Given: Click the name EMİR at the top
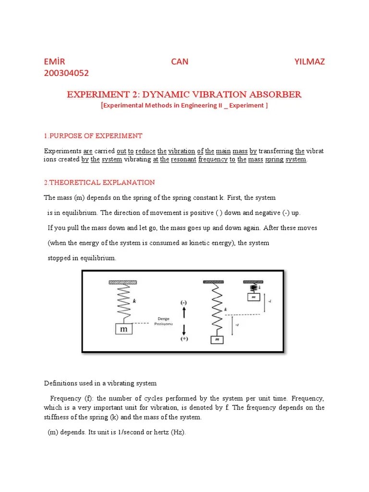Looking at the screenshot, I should pyautogui.click(x=54, y=61).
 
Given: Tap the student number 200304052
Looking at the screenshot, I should pyautogui.click(x=66, y=73).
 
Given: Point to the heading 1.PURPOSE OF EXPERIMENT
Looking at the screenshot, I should pyautogui.click(x=93, y=136).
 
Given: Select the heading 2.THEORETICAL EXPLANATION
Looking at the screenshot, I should pyautogui.click(x=99, y=183).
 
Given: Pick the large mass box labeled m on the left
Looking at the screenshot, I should pyautogui.click(x=124, y=330).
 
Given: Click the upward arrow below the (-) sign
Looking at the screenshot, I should pyautogui.click(x=184, y=313).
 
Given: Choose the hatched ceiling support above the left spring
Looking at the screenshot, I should pyautogui.click(x=123, y=283).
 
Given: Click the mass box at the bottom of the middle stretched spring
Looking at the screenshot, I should pyautogui.click(x=217, y=340).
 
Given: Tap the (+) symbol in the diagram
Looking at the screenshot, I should pyautogui.click(x=184, y=339).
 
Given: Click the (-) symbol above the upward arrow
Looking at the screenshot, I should pyautogui.click(x=184, y=303).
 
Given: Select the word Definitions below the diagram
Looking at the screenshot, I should pyautogui.click(x=61, y=383).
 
